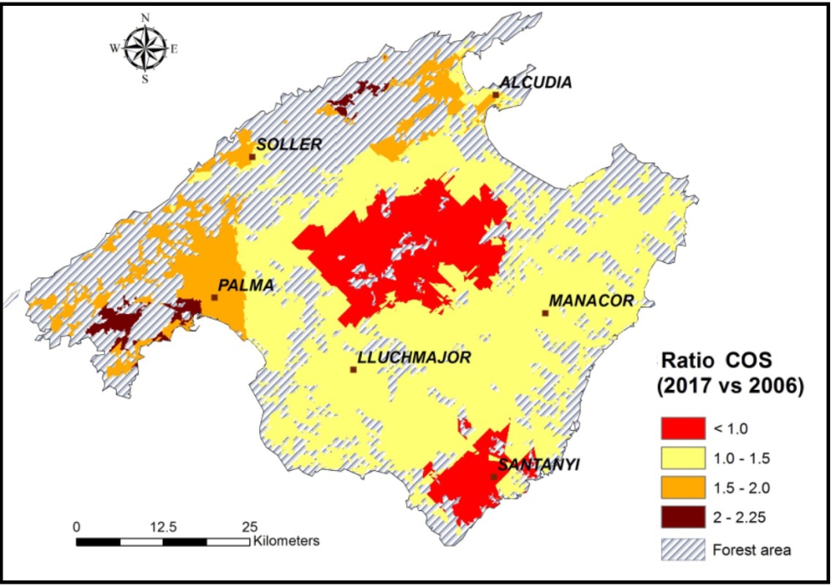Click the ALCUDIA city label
536,82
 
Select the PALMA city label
247,286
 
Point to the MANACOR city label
591,301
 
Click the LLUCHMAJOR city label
414,357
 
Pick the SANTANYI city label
538,465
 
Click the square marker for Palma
215,298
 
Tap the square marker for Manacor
544,313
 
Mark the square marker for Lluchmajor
353,369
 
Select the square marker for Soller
252,157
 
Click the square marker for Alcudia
495,96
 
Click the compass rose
145,48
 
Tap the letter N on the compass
145,17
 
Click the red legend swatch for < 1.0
682,427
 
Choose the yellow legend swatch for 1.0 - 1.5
682,457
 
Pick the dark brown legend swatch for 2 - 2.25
682,517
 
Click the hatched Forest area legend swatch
682,549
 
